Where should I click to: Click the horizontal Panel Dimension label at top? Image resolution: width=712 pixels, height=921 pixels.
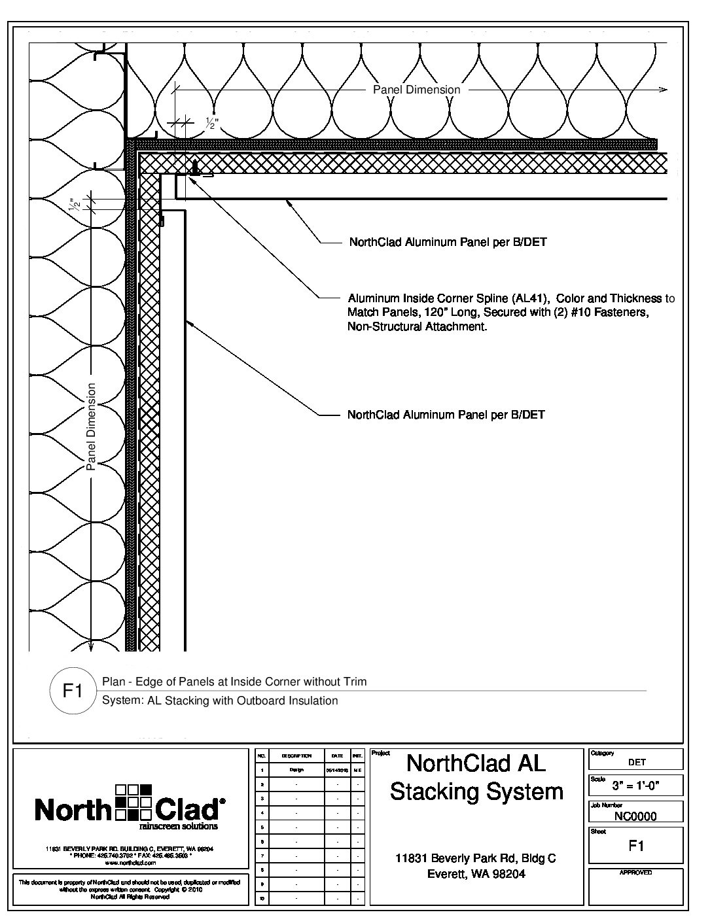tap(416, 90)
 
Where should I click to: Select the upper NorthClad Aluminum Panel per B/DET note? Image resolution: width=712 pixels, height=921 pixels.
tap(448, 243)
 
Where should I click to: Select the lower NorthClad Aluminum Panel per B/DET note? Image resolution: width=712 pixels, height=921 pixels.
tap(446, 415)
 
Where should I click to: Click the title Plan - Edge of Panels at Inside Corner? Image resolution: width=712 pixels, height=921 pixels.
tap(234, 682)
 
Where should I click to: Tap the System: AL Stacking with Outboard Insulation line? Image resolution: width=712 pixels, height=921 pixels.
tap(220, 701)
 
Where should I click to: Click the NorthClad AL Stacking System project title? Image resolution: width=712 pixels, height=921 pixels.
tap(476, 777)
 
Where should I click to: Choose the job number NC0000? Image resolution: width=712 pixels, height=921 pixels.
tap(636, 816)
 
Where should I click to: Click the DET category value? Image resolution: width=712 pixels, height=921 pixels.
tap(637, 762)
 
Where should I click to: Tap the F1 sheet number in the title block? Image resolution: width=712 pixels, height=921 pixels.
tap(636, 846)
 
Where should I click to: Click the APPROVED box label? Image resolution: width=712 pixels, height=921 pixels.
tap(635, 873)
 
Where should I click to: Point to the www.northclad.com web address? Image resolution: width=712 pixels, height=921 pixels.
tap(130, 863)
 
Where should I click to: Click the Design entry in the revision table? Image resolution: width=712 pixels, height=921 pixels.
tap(296, 770)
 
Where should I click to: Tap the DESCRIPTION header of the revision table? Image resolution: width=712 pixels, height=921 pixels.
tap(296, 756)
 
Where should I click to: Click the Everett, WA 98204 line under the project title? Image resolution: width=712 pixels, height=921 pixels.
tap(476, 874)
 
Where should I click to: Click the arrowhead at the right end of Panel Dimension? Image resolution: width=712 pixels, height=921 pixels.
tap(664, 90)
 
